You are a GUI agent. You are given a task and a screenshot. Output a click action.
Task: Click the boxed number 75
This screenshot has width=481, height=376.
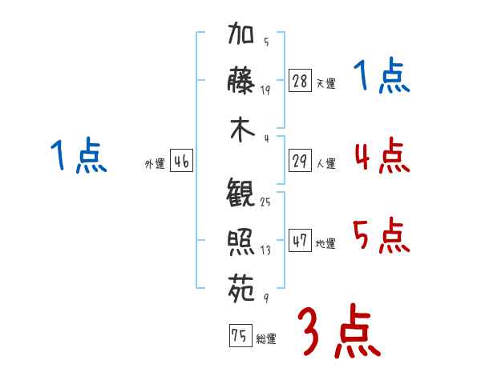240,336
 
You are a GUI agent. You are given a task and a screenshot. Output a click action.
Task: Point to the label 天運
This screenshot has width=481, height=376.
325,83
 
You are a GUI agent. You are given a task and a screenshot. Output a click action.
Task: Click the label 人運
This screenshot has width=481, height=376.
325,163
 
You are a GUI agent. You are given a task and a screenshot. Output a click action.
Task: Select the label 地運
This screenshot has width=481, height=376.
325,243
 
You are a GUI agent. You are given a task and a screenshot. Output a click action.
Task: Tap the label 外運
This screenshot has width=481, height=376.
155,163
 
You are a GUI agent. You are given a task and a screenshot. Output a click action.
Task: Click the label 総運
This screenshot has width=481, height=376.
265,338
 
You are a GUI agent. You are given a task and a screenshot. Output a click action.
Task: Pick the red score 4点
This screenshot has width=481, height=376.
382,155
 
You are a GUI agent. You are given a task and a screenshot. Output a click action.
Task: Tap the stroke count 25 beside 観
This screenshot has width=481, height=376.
265,202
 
